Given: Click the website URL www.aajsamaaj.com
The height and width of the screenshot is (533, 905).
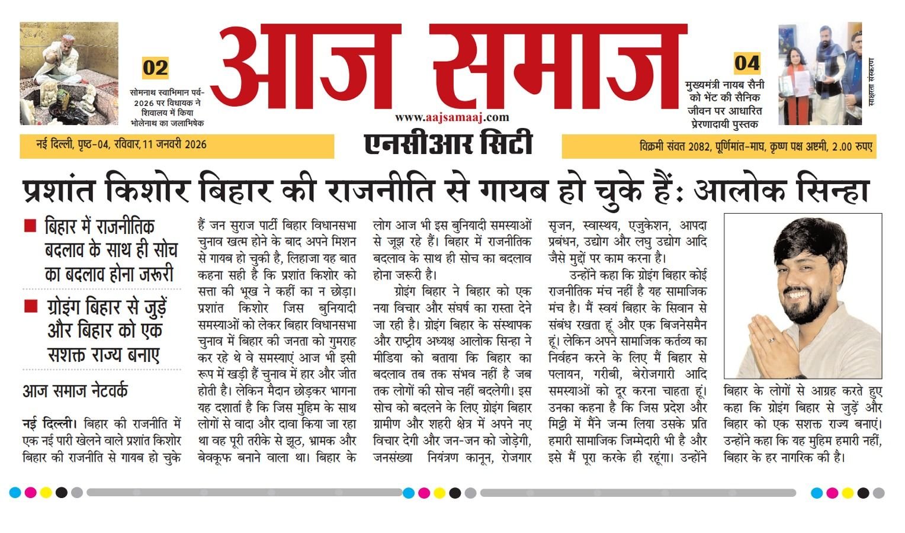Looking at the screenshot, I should click(x=452, y=118).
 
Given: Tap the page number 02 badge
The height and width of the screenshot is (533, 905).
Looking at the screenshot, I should click(x=155, y=68).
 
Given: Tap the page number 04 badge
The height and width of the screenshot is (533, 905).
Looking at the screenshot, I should click(x=746, y=63).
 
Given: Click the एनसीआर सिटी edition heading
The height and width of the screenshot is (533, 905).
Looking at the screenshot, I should click(x=448, y=144).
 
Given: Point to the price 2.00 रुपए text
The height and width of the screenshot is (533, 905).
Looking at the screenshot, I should click(x=852, y=147).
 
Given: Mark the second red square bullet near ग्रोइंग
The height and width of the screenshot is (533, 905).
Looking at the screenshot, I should click(x=30, y=306).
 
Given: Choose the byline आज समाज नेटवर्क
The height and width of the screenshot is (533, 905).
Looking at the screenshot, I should click(x=75, y=391).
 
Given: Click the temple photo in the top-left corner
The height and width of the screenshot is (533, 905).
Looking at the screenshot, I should click(x=69, y=73).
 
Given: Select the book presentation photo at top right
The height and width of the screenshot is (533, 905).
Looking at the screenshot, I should click(x=820, y=73).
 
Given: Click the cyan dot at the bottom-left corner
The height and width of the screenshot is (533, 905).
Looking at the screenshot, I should click(x=15, y=492).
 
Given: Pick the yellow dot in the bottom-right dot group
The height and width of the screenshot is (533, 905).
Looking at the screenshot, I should click(x=848, y=493).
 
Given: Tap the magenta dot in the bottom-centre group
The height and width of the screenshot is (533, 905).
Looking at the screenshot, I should click(x=424, y=493).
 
